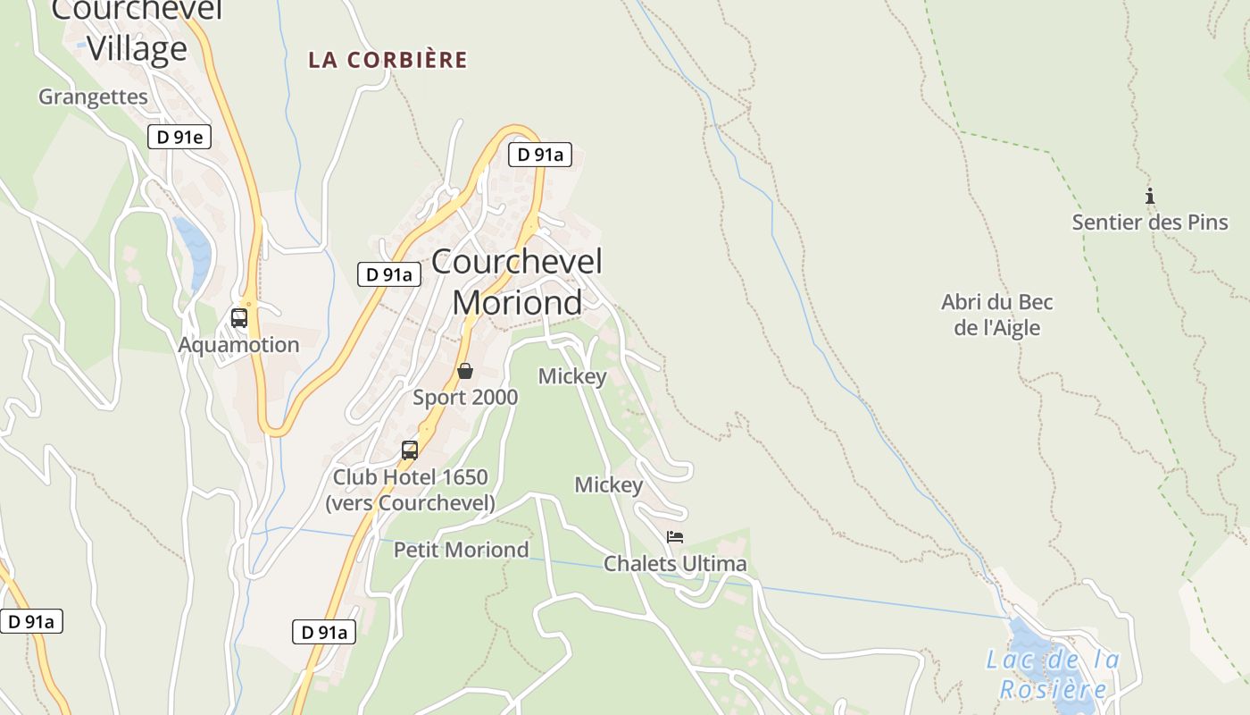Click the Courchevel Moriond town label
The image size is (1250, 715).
click(518, 282)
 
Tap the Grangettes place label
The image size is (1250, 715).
click(93, 97)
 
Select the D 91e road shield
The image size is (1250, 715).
click(179, 137)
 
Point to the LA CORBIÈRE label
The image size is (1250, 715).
click(387, 60)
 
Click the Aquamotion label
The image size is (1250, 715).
click(238, 345)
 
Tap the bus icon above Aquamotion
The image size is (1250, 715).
click(238, 317)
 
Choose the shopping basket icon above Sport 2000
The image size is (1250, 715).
click(464, 371)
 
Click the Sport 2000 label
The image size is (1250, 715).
click(464, 398)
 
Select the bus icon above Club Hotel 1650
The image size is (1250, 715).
click(409, 450)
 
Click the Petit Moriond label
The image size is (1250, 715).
click(461, 550)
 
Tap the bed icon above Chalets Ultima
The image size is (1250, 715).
click(675, 537)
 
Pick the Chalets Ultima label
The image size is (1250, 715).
click(675, 564)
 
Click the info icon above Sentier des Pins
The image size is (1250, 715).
click(1150, 196)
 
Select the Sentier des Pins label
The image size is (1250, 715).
click(1150, 223)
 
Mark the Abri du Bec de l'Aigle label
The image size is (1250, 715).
click(996, 315)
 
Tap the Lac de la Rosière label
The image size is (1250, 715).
click(1053, 675)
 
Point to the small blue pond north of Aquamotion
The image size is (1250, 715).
click(195, 250)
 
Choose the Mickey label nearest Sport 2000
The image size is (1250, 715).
click(572, 377)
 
